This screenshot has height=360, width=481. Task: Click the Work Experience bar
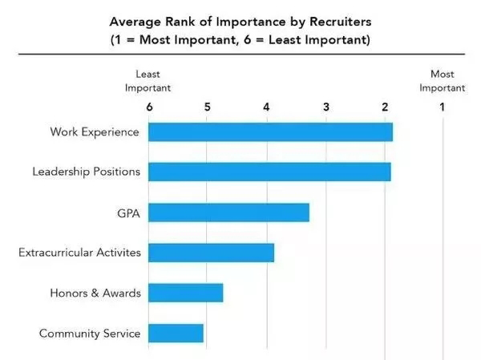pyautogui.click(x=270, y=131)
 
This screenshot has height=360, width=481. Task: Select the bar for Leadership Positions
pyautogui.click(x=269, y=172)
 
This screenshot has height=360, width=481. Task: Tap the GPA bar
pyautogui.click(x=228, y=212)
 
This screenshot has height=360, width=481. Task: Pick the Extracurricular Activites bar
pyautogui.click(x=211, y=253)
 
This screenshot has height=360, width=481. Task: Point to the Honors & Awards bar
pyautogui.click(x=185, y=293)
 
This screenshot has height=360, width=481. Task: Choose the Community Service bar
pyautogui.click(x=176, y=333)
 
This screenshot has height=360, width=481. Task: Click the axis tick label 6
pyautogui.click(x=148, y=107)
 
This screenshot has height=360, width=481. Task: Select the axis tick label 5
pyautogui.click(x=208, y=107)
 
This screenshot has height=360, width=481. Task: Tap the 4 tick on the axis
pyautogui.click(x=267, y=107)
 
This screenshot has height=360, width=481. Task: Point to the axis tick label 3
pyautogui.click(x=326, y=107)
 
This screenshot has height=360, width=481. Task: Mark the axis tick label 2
pyautogui.click(x=386, y=107)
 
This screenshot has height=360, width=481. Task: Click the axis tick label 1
pyautogui.click(x=443, y=107)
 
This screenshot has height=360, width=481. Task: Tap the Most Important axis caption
pyautogui.click(x=442, y=80)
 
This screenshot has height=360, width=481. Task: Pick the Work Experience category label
pyautogui.click(x=95, y=131)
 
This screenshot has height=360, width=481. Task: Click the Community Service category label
pyautogui.click(x=90, y=334)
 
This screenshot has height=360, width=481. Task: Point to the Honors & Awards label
pyautogui.click(x=95, y=293)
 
